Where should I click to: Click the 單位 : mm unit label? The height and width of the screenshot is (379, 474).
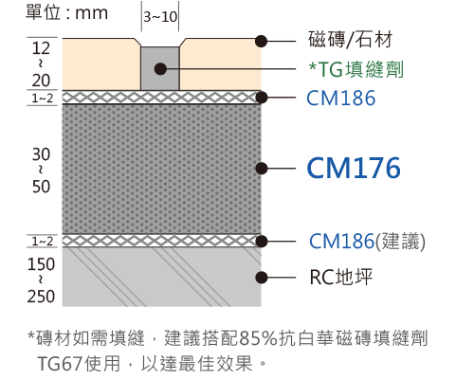click(66, 13)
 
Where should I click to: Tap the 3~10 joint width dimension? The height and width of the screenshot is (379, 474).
click(160, 17)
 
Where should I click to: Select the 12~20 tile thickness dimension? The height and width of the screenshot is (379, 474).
click(41, 64)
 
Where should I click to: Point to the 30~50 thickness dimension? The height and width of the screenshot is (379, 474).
click(41, 171)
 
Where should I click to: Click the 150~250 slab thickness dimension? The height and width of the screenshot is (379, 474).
click(41, 280)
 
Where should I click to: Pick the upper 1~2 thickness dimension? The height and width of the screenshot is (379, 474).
click(43, 99)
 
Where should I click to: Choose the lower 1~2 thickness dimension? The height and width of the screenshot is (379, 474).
click(43, 242)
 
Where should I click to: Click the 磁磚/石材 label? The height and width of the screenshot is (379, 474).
click(350, 40)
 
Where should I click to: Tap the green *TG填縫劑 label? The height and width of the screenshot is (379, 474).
click(356, 69)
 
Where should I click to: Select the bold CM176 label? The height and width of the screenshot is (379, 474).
click(354, 168)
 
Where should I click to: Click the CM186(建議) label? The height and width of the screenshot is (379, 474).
click(367, 242)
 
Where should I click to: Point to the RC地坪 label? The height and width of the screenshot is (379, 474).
click(341, 278)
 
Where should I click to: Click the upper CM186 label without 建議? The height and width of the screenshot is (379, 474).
click(341, 98)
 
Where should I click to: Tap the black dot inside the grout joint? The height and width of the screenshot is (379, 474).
click(160, 68)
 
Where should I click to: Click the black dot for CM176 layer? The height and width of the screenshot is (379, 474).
click(262, 169)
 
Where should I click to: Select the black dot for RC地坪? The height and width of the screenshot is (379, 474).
click(262, 278)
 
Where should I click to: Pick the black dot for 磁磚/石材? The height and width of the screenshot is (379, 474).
click(262, 41)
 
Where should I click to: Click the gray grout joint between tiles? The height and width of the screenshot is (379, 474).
click(160, 68)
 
